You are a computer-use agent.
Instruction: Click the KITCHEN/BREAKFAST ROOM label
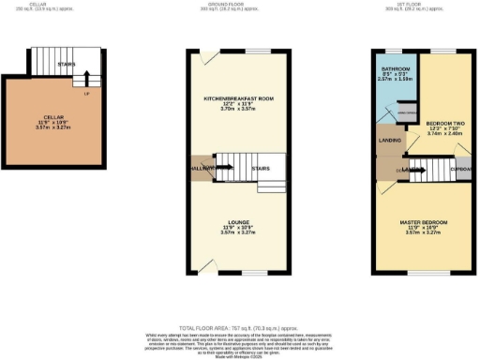click(x=238, y=98)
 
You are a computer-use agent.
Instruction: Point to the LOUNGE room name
click(x=238, y=222)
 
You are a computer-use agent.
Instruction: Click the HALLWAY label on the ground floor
click(x=202, y=168)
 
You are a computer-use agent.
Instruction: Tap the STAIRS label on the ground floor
click(x=262, y=169)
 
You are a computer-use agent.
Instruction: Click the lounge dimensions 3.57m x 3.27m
click(x=238, y=233)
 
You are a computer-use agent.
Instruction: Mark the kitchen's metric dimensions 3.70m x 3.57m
click(x=238, y=110)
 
